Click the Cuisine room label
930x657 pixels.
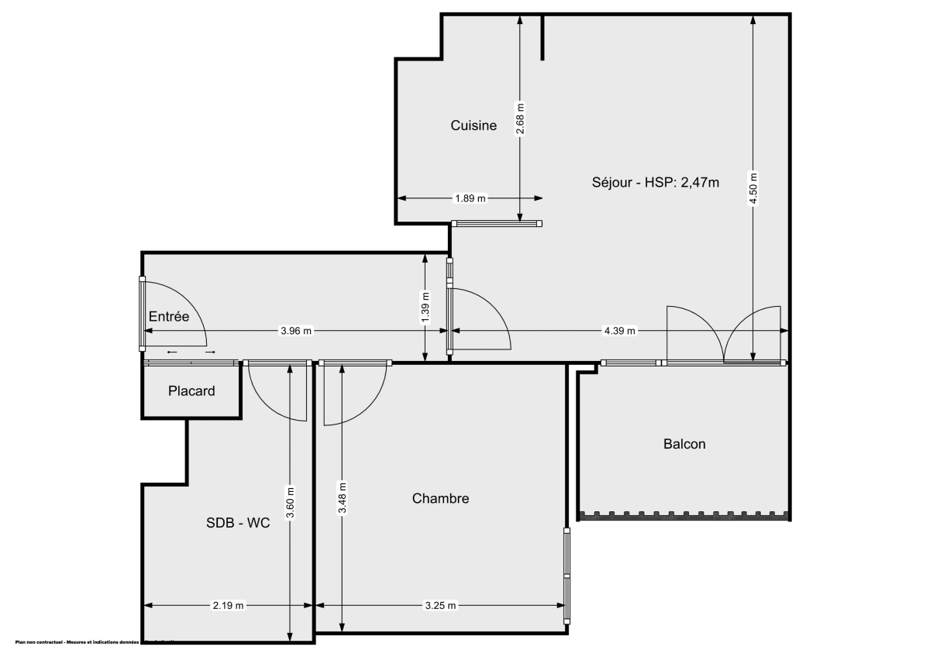(474, 126)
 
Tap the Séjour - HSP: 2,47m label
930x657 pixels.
(656, 183)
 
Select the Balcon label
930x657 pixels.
(684, 444)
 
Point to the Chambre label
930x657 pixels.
(440, 498)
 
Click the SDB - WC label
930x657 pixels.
(238, 523)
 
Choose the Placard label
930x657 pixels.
(191, 391)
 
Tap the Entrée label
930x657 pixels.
(169, 316)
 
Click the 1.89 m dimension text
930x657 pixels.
(470, 198)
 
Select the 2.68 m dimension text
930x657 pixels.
(520, 119)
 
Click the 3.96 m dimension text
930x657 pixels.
(296, 331)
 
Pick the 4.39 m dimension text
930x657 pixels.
(619, 331)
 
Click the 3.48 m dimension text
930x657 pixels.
(343, 497)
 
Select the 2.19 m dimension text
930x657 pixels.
(229, 605)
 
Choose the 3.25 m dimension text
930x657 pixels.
(440, 605)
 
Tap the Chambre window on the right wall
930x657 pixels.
(567, 575)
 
